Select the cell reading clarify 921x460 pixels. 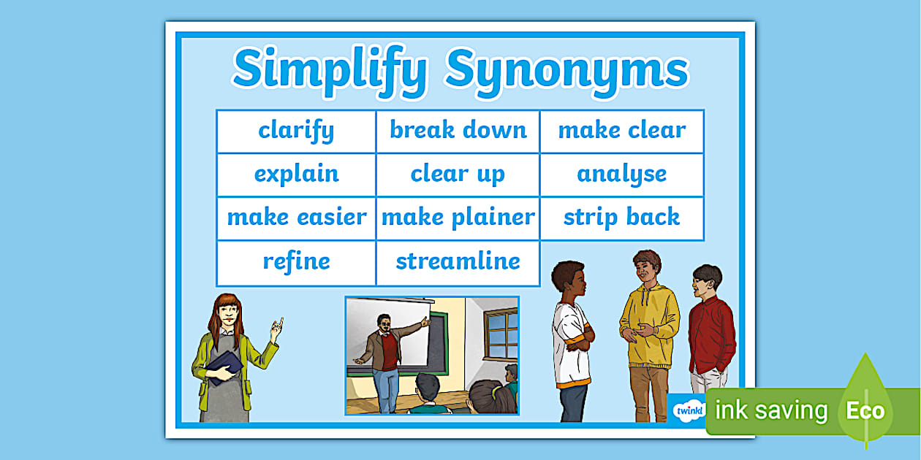296,131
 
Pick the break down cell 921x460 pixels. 458,131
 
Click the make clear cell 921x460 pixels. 621,131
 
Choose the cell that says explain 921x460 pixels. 296,175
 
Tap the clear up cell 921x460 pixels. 458,175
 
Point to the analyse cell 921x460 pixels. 621,175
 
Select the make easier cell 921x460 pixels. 296,218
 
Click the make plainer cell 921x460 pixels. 458,218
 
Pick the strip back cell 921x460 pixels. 621,218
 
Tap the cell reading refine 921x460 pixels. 296,261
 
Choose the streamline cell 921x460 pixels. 458,261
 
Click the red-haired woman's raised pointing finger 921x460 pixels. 278,322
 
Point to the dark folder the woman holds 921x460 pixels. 224,365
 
